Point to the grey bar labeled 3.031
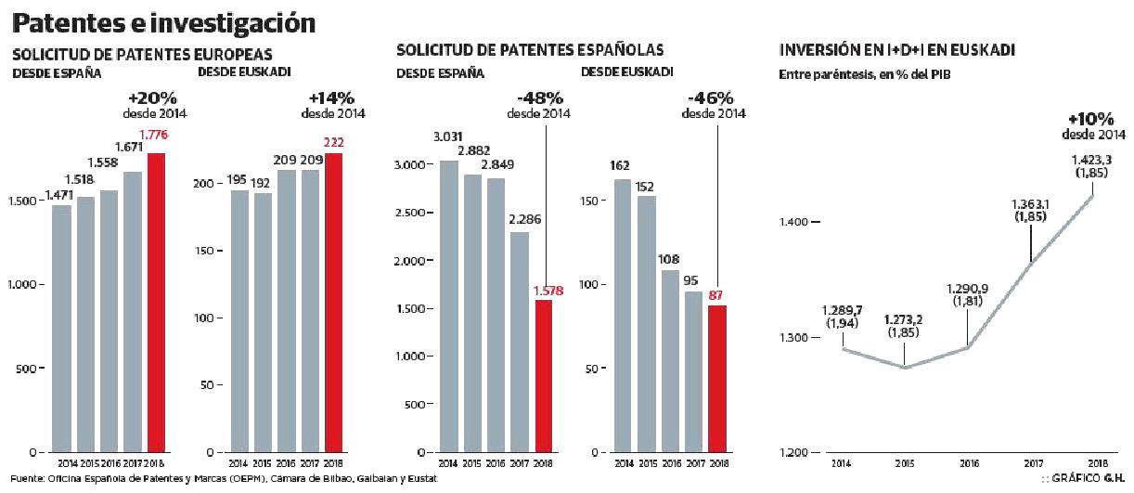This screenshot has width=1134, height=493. (x=448, y=306)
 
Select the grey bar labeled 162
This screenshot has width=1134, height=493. (x=621, y=316)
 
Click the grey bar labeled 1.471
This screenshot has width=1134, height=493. (x=61, y=329)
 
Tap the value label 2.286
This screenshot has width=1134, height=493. (x=521, y=220)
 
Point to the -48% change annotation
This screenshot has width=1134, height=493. (x=539, y=97)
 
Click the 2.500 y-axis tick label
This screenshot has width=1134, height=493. (x=406, y=213)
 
